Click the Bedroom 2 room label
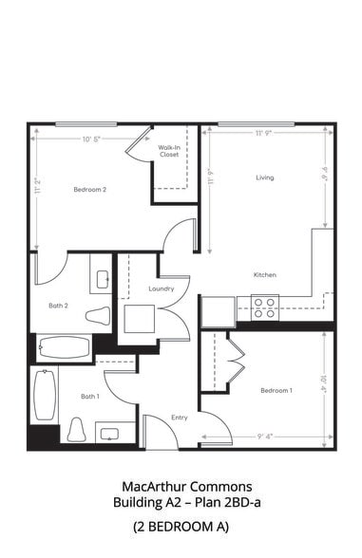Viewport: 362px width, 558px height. point(90,190)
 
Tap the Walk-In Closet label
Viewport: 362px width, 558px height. point(169,150)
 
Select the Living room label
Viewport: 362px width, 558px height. point(265,177)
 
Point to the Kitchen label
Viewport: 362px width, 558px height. point(264,275)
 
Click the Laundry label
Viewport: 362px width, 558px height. point(161,288)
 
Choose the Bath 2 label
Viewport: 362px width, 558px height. point(59,306)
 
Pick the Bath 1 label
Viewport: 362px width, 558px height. point(89,396)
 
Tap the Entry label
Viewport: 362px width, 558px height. point(179,418)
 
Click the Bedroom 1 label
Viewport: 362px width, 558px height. point(276,391)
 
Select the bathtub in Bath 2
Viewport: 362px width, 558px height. point(65,347)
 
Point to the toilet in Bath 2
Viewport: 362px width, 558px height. point(98,316)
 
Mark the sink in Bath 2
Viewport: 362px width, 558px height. point(102,280)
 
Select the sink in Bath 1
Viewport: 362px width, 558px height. point(107,435)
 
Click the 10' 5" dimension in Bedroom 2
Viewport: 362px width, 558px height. point(92,139)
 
